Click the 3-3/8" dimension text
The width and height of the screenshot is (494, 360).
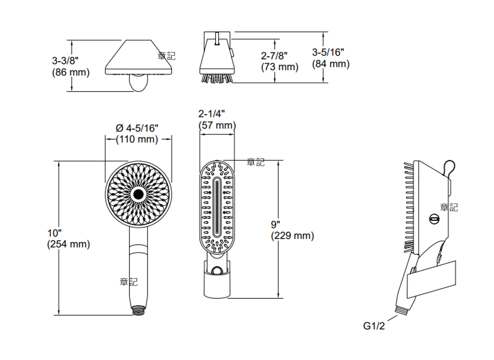point(65,61)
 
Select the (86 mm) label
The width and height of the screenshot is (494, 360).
point(71,72)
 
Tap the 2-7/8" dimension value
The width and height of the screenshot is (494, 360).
point(274,55)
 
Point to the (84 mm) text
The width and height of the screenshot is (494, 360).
point(331,64)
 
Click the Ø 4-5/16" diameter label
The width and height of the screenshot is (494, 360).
point(137,127)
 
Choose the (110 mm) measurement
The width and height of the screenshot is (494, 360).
point(137,139)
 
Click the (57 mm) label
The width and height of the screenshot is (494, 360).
point(217,125)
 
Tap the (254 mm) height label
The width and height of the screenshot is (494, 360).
point(68,244)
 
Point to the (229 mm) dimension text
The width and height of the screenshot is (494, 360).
point(293,236)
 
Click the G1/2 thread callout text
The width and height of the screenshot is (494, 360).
point(374,326)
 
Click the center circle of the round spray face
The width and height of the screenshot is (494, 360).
point(138,194)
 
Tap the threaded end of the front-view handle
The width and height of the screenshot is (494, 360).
point(138,310)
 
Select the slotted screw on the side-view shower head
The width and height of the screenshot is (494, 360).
point(434,219)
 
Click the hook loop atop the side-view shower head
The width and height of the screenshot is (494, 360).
point(450,167)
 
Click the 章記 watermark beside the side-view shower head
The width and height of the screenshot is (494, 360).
point(449,207)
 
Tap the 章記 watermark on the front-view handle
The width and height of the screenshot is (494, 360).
point(129,282)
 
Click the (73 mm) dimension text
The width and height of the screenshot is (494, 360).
point(279,67)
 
